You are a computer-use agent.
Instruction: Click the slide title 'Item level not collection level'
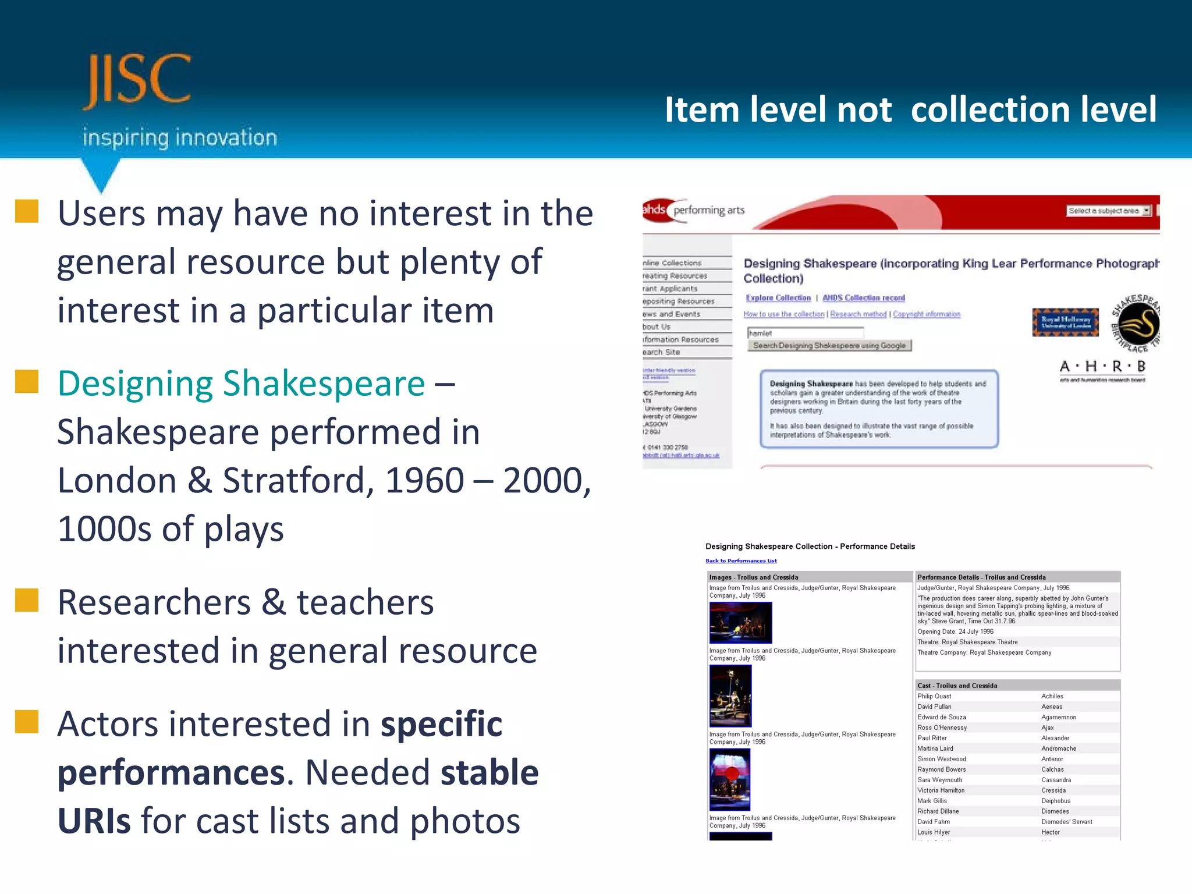coord(910,109)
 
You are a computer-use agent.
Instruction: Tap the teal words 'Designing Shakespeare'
coord(241,384)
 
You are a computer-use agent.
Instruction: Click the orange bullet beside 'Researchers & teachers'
coord(27,600)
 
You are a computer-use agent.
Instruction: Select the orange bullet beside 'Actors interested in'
coord(27,722)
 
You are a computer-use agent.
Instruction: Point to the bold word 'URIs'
coord(94,821)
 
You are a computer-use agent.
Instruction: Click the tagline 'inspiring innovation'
coord(179,138)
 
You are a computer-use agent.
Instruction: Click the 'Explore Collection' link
coord(778,298)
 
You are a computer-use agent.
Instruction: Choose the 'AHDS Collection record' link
coord(863,298)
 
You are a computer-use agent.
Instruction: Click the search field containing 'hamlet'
coord(805,333)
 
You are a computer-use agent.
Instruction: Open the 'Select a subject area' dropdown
coord(1108,211)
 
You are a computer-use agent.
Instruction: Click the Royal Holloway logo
coord(1065,322)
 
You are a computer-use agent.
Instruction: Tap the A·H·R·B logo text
coord(1102,367)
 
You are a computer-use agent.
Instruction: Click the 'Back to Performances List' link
coord(741,561)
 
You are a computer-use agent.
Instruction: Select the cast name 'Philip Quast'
coord(934,696)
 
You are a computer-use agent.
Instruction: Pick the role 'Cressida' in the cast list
coord(1053,790)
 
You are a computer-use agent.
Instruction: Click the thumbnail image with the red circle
coord(730,779)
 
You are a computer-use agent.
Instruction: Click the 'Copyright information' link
coord(927,314)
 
